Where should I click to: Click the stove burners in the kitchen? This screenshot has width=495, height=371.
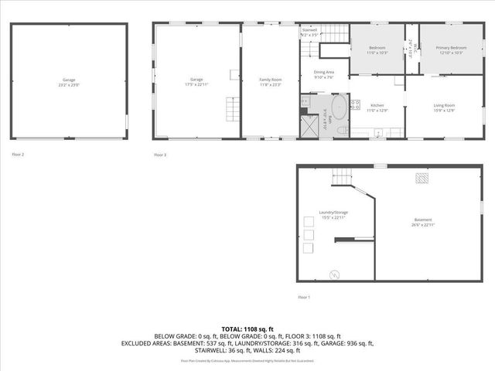click(355, 104)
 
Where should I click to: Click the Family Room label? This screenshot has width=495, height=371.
click(270, 80)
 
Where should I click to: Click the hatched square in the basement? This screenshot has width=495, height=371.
click(422, 178)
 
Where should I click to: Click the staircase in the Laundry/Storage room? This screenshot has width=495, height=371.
click(341, 178)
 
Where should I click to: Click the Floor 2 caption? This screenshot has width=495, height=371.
click(18, 155)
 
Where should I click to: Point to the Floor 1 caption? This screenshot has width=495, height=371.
click(304, 298)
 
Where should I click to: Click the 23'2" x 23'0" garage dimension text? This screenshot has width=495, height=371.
click(70, 84)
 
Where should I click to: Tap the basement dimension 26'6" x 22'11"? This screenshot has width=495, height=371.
click(422, 224)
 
